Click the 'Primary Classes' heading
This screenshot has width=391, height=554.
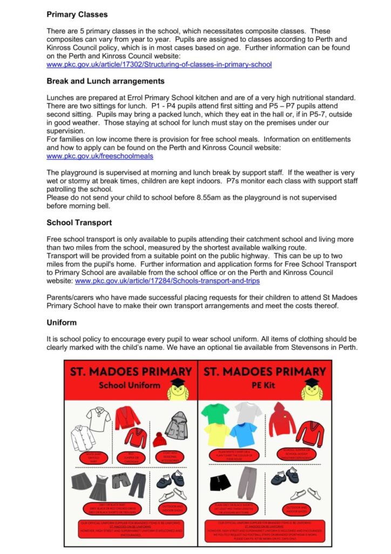[x=77, y=15]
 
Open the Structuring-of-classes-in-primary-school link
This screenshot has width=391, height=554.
[x=159, y=64]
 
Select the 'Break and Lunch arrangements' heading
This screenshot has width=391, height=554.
[x=105, y=81]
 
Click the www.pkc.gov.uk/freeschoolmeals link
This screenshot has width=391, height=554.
[x=100, y=156]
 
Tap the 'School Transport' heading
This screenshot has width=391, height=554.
[x=79, y=222]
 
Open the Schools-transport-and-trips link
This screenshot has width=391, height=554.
[x=167, y=281]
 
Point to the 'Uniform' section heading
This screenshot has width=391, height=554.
[x=62, y=322]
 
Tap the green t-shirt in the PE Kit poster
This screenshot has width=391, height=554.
[x=215, y=413]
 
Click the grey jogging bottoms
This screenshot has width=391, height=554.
[x=248, y=483]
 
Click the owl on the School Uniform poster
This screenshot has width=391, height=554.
[x=178, y=388]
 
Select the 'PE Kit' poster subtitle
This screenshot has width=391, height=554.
[x=265, y=385]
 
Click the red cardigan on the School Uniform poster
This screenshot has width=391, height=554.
[x=127, y=417]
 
